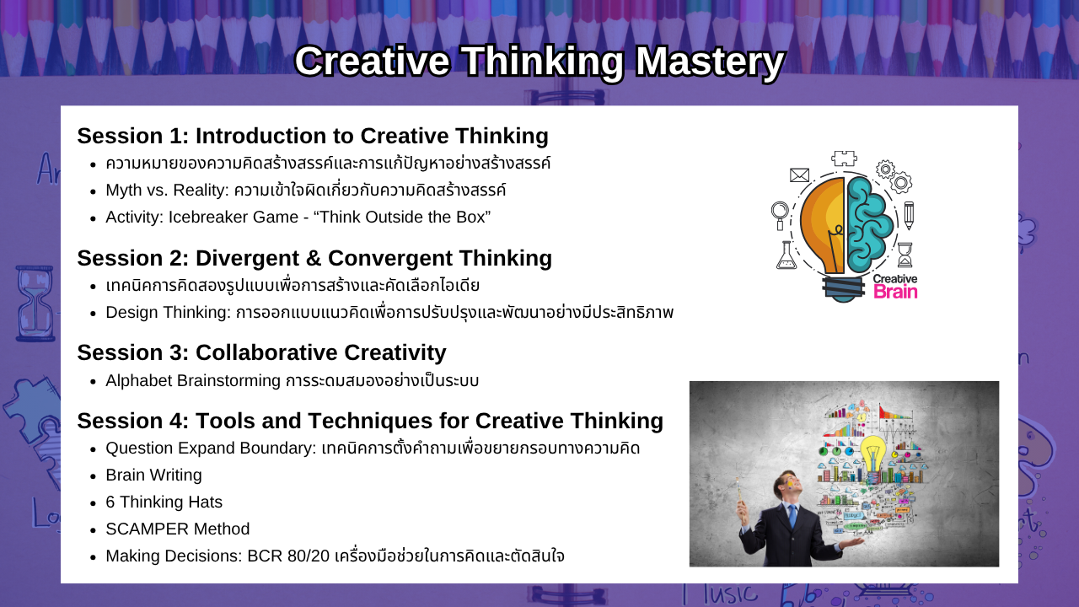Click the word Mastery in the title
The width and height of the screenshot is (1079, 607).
710,62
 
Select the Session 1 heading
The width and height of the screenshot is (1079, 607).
313,136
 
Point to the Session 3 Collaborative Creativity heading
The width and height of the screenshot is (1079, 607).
261,352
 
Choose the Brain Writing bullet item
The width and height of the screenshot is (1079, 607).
153,475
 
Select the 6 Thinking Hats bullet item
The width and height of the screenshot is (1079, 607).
164,502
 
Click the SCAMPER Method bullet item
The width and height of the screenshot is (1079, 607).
177,529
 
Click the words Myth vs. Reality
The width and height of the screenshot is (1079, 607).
167,191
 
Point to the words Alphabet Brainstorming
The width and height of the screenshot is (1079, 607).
193,380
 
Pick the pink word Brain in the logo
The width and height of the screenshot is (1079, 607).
895,292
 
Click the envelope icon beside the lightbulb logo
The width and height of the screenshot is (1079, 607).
800,175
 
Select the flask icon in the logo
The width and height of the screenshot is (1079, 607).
786,255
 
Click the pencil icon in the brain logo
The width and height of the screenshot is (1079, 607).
909,215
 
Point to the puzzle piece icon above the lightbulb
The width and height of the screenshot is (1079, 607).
844,158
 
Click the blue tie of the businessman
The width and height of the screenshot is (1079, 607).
793,517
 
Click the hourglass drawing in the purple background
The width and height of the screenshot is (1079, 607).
35,304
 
